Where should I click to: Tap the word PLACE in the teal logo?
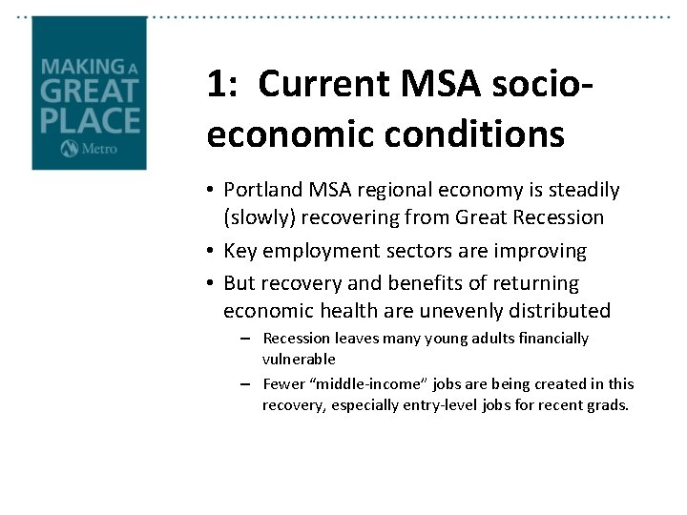(90, 121)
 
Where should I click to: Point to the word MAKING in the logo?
(81, 67)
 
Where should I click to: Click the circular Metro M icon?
(68, 148)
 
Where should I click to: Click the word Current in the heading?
(314, 85)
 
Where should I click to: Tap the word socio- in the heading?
(532, 85)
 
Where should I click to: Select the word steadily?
(581, 191)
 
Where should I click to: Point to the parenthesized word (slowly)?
(259, 217)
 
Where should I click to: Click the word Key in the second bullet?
(239, 251)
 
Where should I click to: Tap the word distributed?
(564, 311)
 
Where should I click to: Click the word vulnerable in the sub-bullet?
(299, 360)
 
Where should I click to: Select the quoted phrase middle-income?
(366, 384)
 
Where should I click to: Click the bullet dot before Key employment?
(212, 252)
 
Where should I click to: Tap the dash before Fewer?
(246, 384)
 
